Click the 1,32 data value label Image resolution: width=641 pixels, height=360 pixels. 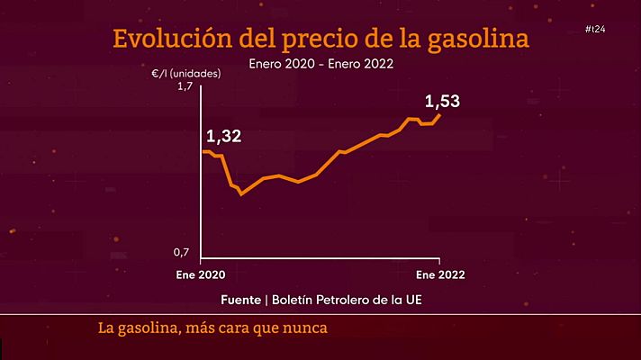click(224, 137)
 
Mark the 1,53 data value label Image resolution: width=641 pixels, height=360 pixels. click(442, 101)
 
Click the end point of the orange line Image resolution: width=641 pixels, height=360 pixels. click(440, 114)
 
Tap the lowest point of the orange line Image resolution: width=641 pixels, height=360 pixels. click(240, 193)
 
